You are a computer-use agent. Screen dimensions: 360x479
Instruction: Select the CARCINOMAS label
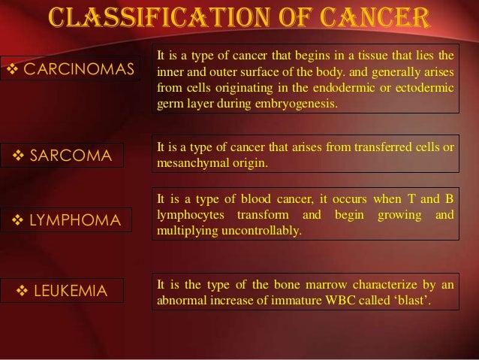pyautogui.click(x=77, y=71)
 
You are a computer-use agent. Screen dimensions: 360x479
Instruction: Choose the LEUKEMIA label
pyautogui.click(x=73, y=290)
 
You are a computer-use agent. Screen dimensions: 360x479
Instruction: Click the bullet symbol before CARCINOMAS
pyautogui.click(x=12, y=71)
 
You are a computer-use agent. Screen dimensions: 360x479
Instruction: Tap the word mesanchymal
pyautogui.click(x=188, y=162)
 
